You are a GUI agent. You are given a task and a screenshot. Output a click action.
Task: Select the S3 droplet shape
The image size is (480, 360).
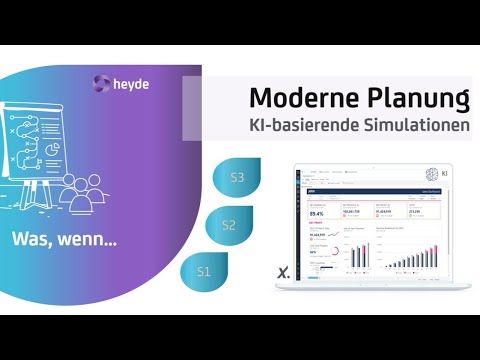pos(237,178)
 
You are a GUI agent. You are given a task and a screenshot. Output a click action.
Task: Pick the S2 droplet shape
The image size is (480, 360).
pos(228,225)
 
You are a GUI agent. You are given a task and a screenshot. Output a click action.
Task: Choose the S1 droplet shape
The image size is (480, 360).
pos(204,271)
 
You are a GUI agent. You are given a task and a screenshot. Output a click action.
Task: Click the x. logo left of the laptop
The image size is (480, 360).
pos(283,271)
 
